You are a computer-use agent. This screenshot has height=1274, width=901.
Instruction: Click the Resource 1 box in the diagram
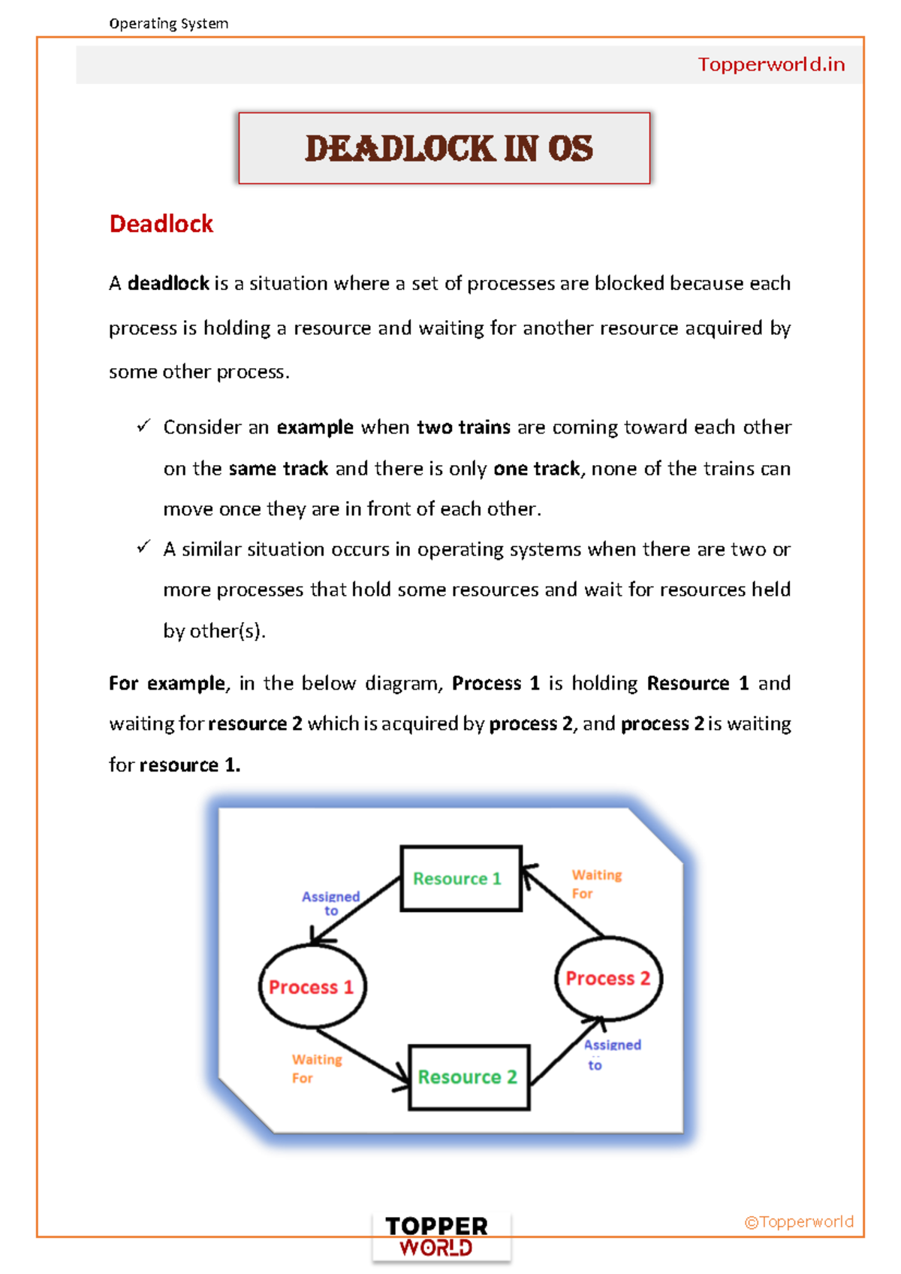coord(461,878)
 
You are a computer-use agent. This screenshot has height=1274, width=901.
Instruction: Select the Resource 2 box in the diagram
coord(469,1076)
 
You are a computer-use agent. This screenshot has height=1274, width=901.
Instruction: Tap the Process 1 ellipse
coord(312,986)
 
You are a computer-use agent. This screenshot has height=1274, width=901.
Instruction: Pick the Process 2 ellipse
coord(608,978)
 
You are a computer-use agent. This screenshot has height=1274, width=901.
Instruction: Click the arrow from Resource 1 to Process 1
coord(356,910)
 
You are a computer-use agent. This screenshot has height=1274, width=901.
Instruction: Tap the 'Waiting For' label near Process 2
coord(596,884)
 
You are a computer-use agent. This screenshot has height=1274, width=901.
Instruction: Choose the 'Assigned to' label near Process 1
coord(331,903)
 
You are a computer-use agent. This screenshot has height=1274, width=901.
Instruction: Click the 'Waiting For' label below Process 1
coord(316,1068)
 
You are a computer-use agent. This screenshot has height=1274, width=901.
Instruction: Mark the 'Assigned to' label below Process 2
coord(611,1054)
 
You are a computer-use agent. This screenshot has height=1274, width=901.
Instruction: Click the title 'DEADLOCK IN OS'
coord(448,148)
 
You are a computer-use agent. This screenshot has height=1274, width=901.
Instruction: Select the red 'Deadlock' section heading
coord(161,224)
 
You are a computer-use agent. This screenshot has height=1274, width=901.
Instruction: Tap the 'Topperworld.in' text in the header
coord(771,65)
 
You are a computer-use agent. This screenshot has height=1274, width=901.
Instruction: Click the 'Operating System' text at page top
coord(168,23)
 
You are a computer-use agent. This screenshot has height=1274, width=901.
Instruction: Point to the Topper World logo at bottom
coord(437,1236)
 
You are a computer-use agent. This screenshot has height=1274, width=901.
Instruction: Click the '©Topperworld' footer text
coord(799,1221)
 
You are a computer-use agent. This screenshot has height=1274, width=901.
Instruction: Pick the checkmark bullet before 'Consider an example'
coord(143,426)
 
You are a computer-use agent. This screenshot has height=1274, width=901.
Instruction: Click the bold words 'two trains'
coord(463,427)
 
